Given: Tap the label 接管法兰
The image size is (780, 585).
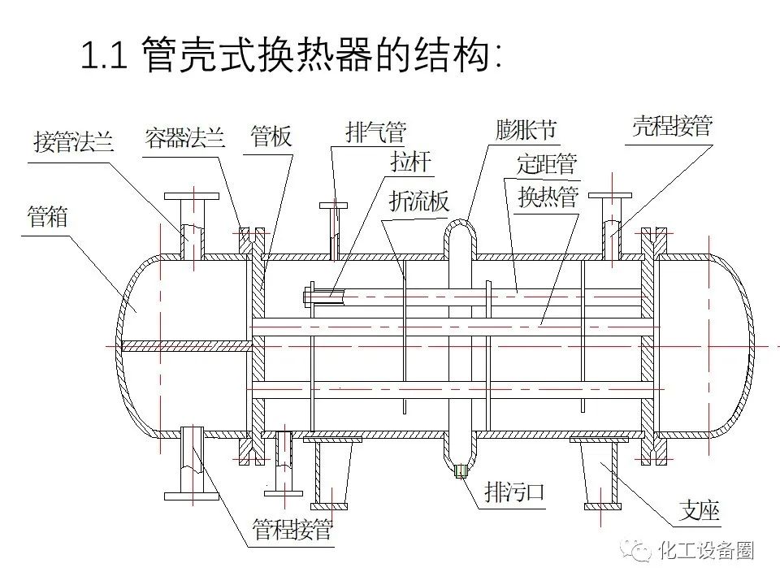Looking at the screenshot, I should click(74, 142).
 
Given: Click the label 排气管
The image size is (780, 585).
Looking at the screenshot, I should click(375, 132).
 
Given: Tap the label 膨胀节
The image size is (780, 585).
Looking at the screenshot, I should click(526, 130).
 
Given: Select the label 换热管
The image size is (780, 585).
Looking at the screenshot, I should click(548, 197).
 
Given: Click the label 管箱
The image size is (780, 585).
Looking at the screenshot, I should click(47, 217).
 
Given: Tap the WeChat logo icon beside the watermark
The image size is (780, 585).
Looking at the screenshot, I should click(639, 550).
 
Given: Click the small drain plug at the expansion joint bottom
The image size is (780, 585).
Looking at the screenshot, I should click(461, 470).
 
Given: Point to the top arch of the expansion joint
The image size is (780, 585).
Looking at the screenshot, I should click(461, 221).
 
